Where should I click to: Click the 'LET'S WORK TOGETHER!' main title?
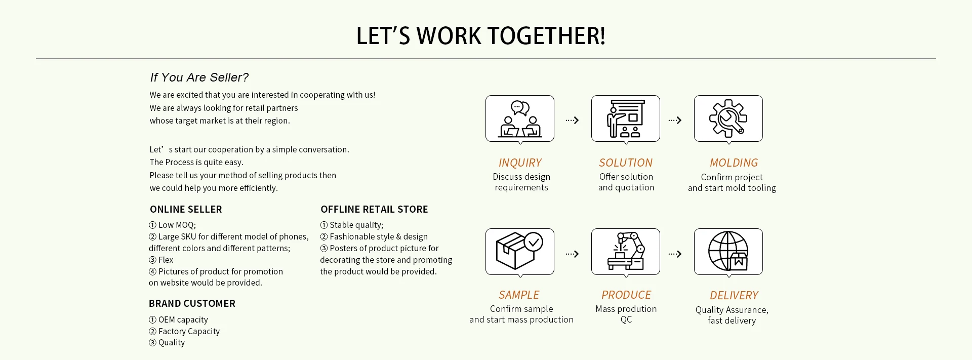[x=480, y=36]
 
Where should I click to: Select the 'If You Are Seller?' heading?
[x=199, y=77]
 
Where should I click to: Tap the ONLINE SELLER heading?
[x=186, y=209]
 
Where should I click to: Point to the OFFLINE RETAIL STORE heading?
[x=374, y=209]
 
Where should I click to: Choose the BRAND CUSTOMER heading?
[x=192, y=303]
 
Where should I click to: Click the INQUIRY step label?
[x=520, y=163]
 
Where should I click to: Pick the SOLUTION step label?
[x=626, y=163]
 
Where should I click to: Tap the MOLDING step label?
[x=734, y=163]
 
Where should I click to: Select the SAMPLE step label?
[x=519, y=295]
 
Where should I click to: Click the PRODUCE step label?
[x=626, y=295]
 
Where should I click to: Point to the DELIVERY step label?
[x=734, y=295]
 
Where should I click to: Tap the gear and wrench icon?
[x=728, y=118]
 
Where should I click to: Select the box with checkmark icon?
[x=520, y=251]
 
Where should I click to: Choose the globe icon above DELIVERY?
[x=728, y=251]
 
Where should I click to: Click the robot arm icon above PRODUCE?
[x=626, y=251]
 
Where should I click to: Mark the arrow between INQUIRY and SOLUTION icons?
[x=572, y=120]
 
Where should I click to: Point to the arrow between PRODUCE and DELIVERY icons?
[x=675, y=254]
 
